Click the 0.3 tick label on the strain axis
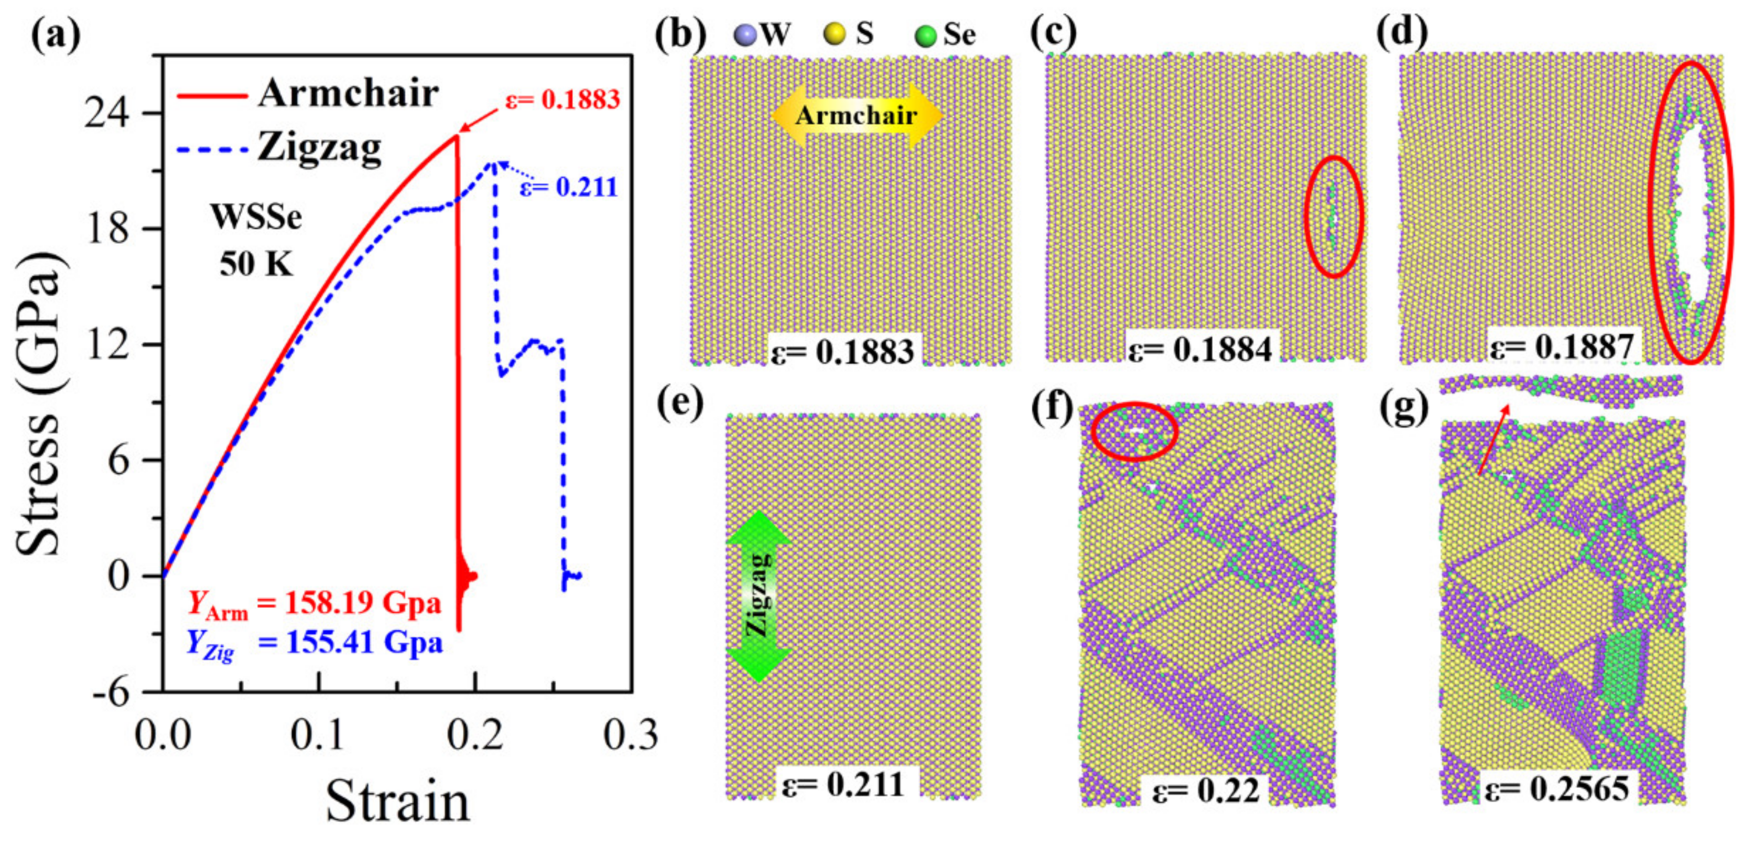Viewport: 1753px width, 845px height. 631,735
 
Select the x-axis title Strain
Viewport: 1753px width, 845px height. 398,801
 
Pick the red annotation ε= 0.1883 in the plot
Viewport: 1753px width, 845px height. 562,99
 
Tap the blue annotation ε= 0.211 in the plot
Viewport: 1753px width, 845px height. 569,187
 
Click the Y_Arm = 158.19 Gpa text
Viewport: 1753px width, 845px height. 315,603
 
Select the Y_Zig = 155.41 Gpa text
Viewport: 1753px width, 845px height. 315,643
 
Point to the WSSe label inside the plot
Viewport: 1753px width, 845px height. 256,218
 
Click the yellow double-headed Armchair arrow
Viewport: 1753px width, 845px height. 856,116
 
